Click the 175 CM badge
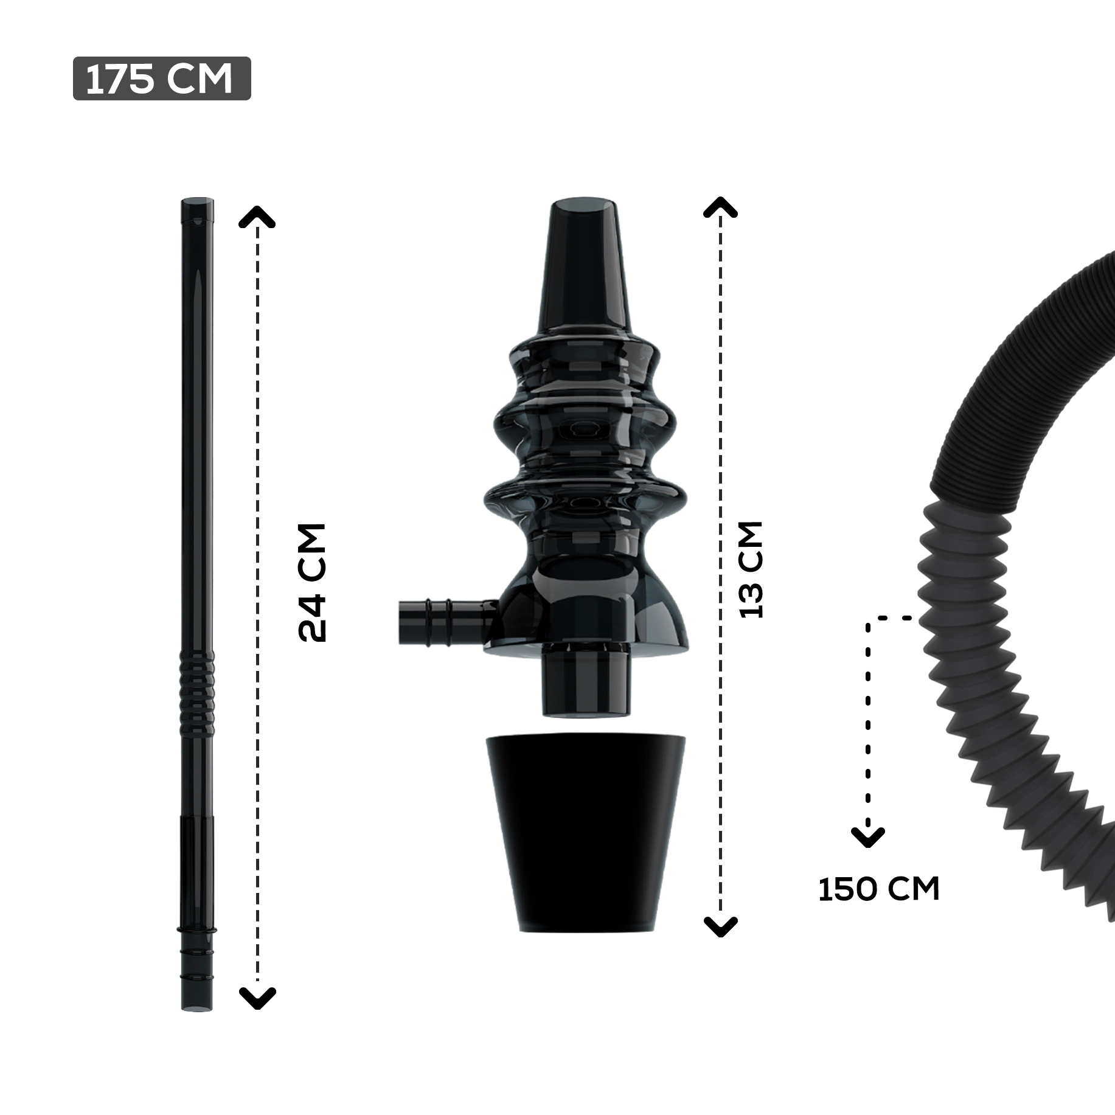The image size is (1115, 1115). tap(161, 78)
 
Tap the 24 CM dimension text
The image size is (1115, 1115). tap(313, 582)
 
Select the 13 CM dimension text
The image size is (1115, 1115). tap(750, 570)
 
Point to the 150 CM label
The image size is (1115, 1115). tap(878, 889)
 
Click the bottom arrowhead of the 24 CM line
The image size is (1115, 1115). tap(257, 998)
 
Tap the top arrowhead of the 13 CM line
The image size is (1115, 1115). tap(720, 208)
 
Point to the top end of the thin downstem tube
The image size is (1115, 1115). tap(198, 207)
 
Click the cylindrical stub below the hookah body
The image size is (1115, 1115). tap(586, 681)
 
